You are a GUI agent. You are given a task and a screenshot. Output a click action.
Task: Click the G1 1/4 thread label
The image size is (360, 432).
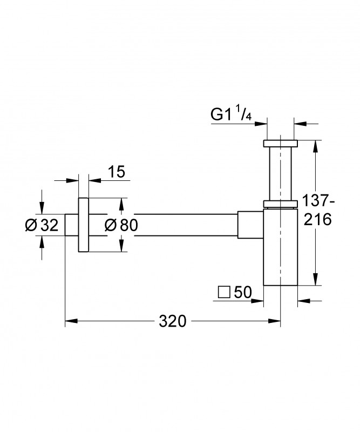(x=230, y=114)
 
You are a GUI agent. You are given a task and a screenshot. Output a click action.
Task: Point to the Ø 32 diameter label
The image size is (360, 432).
(x=42, y=225)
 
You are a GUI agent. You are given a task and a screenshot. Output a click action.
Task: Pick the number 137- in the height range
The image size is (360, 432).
(x=317, y=200)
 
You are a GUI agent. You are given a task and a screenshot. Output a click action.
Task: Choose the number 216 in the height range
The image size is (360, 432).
(x=317, y=220)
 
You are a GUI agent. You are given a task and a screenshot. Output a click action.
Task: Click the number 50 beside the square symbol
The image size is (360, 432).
(x=243, y=292)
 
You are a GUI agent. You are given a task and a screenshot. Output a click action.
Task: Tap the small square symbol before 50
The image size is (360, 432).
(x=223, y=293)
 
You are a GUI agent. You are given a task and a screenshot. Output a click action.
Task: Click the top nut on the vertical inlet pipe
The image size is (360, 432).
(x=280, y=144)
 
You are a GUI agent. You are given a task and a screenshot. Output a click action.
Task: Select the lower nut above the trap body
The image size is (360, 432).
(x=280, y=204)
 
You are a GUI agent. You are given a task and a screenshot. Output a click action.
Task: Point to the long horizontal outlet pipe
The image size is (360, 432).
(x=184, y=225)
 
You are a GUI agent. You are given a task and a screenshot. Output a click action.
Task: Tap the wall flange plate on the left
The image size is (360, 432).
(x=84, y=225)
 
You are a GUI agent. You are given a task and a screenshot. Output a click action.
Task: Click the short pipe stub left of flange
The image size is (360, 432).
(x=71, y=225)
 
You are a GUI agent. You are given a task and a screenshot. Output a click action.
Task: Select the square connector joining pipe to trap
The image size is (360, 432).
(x=249, y=225)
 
